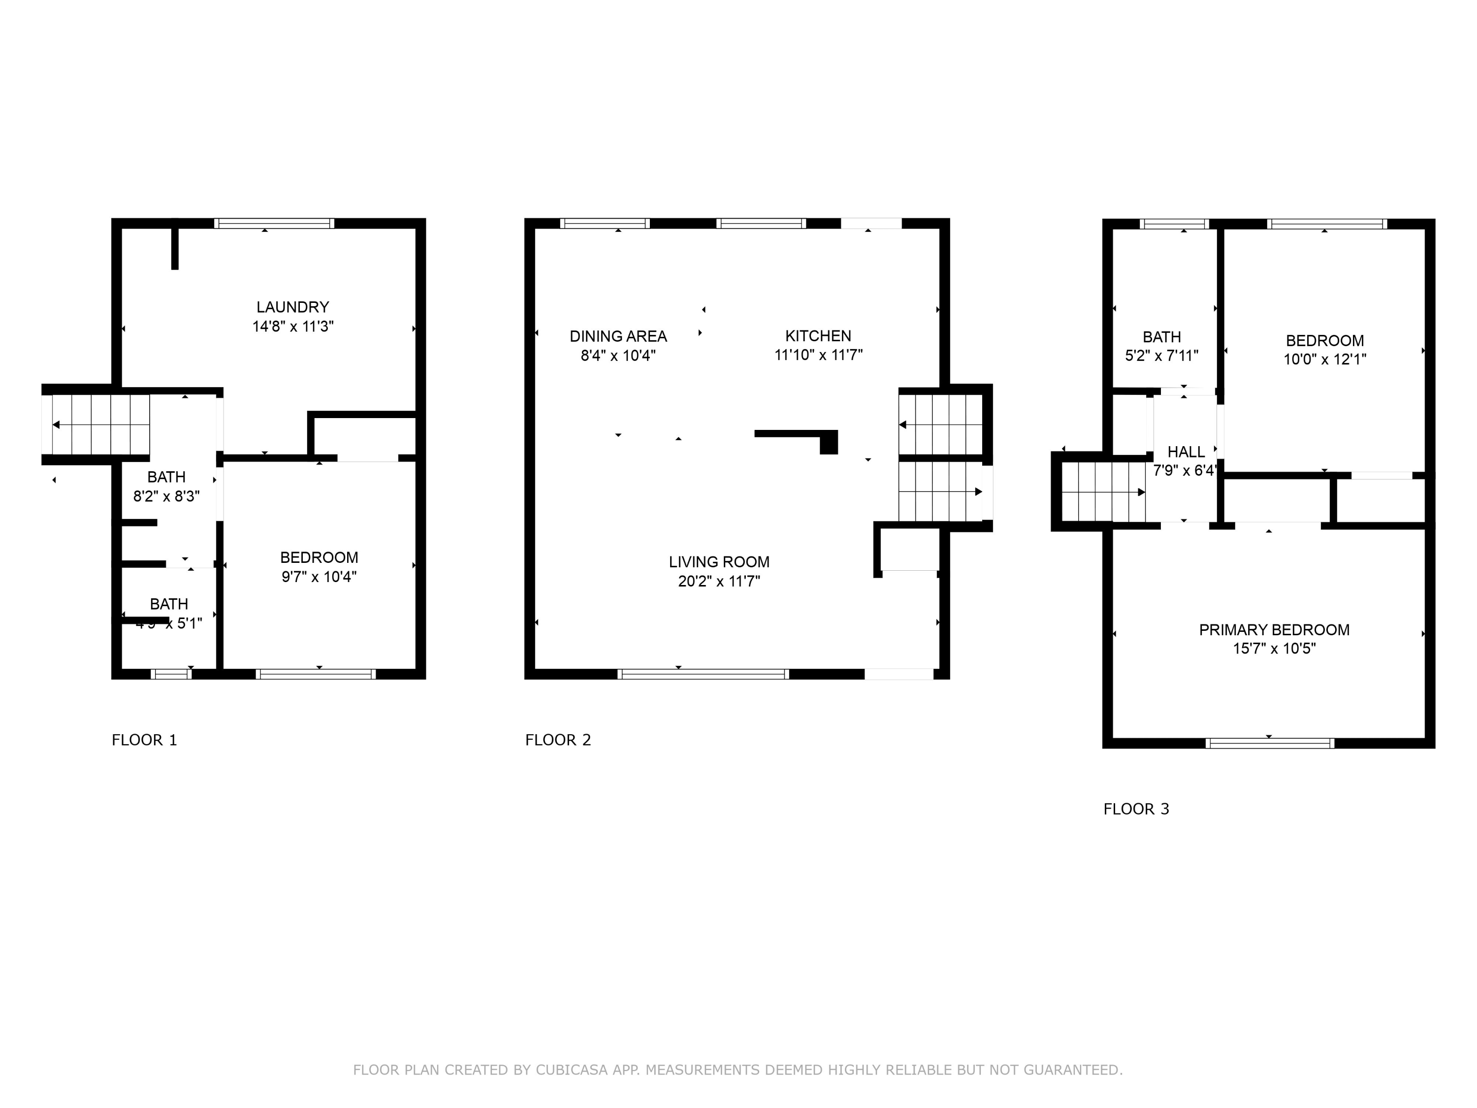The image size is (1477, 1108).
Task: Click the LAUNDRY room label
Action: tap(292, 307)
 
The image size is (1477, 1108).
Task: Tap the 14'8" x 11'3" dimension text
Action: tap(292, 326)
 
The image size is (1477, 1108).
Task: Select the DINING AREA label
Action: tap(618, 336)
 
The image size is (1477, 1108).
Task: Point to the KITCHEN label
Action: tap(818, 336)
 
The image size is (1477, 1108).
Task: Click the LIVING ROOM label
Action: tap(719, 562)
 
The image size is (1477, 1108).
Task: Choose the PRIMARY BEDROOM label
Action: tap(1274, 630)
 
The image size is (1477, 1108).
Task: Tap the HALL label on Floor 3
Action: tap(1186, 452)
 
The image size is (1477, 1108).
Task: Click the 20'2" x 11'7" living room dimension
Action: tap(719, 581)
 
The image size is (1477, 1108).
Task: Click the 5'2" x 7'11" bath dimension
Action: tap(1162, 356)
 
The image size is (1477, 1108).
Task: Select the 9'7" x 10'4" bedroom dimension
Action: tap(319, 576)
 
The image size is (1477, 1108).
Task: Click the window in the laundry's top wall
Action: tap(274, 224)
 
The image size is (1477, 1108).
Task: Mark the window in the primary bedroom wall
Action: tap(1269, 743)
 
